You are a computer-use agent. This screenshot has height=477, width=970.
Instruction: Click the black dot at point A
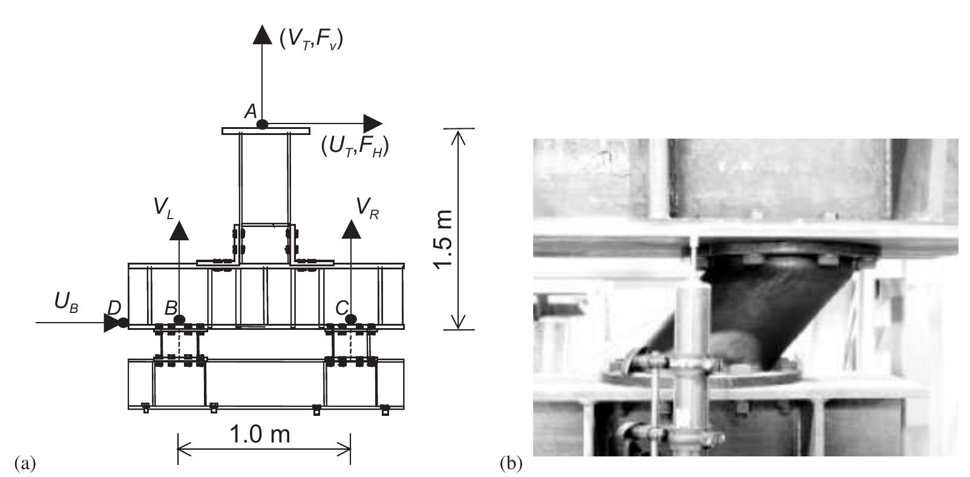click(262, 124)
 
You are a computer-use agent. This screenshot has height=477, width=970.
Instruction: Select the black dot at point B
click(179, 319)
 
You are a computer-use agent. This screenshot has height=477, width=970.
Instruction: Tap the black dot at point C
click(351, 318)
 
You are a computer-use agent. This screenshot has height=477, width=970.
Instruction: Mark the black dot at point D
click(123, 323)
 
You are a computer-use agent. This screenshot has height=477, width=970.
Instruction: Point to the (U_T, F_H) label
click(355, 147)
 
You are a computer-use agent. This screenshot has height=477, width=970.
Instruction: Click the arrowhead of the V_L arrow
click(179, 231)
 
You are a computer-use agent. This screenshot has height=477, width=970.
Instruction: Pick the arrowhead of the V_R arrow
click(351, 229)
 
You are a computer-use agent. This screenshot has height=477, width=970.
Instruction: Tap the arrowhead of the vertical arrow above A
click(262, 34)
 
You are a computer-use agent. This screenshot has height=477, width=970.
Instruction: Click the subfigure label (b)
click(511, 464)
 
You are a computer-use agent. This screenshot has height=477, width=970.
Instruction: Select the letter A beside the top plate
click(251, 111)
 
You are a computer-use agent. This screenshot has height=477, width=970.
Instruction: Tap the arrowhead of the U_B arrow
click(111, 323)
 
